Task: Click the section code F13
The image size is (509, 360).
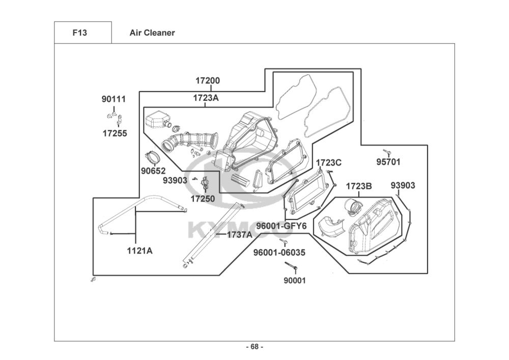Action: tap(79, 33)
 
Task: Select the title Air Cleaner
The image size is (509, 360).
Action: tap(152, 33)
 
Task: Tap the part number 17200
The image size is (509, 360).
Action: tap(208, 80)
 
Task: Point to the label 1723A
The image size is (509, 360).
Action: tap(206, 98)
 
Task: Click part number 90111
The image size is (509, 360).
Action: tap(114, 99)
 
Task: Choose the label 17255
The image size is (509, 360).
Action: tap(115, 133)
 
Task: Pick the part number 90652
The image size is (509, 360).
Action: tap(153, 171)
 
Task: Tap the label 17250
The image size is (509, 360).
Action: tap(203, 199)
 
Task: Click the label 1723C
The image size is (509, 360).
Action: tap(329, 162)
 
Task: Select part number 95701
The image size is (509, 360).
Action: tap(388, 161)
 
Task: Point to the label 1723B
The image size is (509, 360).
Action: tap(359, 186)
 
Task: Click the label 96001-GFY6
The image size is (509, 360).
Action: tap(281, 226)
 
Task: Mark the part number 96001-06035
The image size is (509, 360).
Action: tap(279, 252)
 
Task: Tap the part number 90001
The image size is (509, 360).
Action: tap(295, 280)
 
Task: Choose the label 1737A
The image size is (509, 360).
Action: tap(240, 234)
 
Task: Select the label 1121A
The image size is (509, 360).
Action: tap(139, 251)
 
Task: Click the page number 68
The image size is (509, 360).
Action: tap(254, 347)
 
